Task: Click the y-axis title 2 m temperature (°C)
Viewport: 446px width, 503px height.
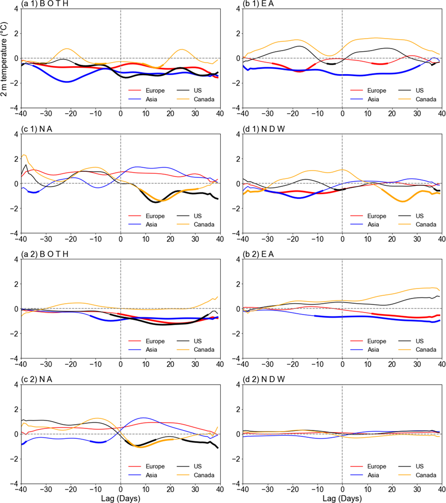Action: click(5, 58)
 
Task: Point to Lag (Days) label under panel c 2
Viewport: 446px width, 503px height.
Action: click(120, 499)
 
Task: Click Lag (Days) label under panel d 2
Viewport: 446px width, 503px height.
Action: click(342, 499)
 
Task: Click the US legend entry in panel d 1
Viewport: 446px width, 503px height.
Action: click(415, 215)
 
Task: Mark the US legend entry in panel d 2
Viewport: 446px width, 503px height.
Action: click(415, 466)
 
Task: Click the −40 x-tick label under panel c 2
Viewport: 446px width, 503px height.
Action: click(21, 490)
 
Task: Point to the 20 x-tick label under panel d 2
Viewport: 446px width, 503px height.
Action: click(392, 490)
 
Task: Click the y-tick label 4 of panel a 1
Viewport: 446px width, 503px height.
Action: click(16, 8)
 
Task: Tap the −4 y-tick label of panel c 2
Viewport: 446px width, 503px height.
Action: click(14, 484)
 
